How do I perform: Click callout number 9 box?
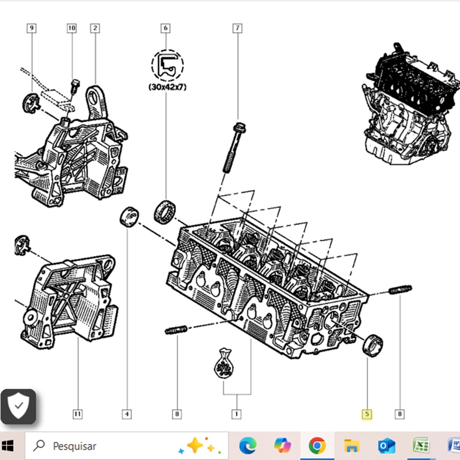click(x=32, y=28)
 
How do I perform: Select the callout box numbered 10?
click(x=72, y=28)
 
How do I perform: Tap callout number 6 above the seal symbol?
click(x=166, y=28)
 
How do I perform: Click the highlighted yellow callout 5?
click(x=367, y=414)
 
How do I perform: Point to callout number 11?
click(x=77, y=414)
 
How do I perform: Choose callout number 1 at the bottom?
click(x=237, y=414)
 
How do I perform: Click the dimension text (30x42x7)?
click(x=168, y=87)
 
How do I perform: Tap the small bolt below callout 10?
click(x=75, y=86)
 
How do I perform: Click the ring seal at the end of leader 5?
click(x=373, y=345)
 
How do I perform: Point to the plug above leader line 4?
click(x=129, y=217)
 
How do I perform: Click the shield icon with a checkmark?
click(x=18, y=406)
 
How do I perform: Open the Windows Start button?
click(x=8, y=446)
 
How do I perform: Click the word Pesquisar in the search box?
click(x=74, y=446)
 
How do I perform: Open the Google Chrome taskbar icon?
click(x=317, y=446)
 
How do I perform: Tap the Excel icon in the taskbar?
click(x=421, y=446)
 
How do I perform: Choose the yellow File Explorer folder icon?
click(x=351, y=446)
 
